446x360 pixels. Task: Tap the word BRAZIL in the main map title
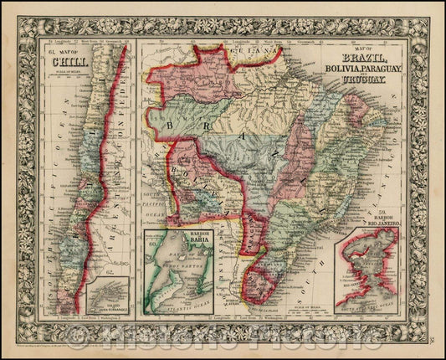point(364,59)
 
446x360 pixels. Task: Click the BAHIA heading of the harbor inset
point(197,244)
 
